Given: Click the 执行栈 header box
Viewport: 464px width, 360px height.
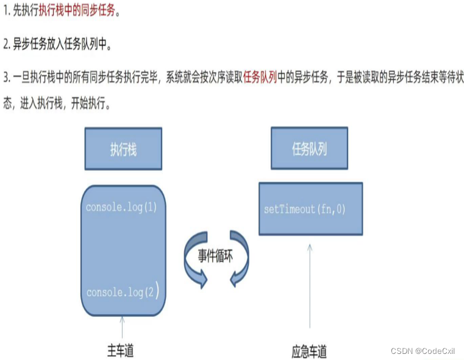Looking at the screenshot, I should click(123, 149).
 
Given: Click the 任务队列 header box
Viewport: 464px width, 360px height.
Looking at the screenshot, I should click(310, 149).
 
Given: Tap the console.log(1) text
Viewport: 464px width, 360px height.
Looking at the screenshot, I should click(122, 207).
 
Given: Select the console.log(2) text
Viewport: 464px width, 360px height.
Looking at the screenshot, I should click(123, 292).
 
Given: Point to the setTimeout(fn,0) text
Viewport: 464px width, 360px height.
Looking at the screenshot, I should click(304, 210).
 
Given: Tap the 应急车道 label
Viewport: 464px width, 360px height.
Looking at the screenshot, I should click(309, 351).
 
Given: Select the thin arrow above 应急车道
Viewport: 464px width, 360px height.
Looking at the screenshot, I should click(310, 286).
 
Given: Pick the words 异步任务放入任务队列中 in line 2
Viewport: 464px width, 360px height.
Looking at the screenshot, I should click(61, 44).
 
